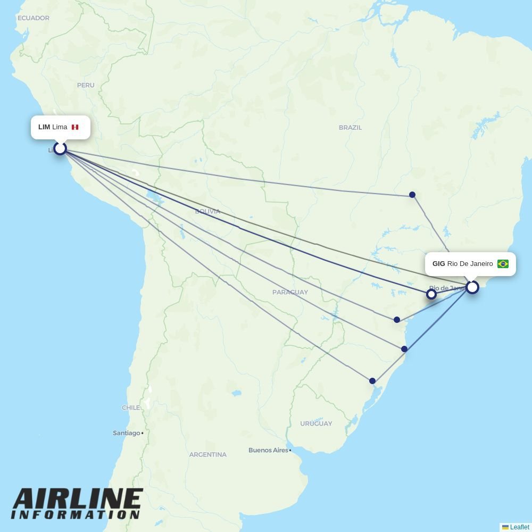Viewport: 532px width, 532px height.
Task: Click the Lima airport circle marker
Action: [x=60, y=148]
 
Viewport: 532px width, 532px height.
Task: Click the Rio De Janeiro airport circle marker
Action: [x=472, y=287]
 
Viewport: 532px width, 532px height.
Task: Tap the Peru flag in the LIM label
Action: [x=75, y=127]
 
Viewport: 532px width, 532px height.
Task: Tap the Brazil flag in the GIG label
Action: [x=503, y=264]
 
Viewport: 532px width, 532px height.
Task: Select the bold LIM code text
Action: [x=44, y=127]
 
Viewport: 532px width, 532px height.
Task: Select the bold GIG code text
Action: [x=438, y=264]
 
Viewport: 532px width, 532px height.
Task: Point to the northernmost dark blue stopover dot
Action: [x=412, y=195]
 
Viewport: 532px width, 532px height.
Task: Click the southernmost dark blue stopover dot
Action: [x=372, y=381]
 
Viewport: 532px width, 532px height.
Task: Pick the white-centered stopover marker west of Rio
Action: [x=431, y=294]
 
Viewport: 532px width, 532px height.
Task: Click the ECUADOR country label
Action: [x=34, y=18]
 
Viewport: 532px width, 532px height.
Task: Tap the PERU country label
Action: [x=86, y=85]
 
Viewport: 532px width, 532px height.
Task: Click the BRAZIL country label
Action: [x=350, y=128]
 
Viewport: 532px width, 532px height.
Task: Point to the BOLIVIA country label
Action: [x=207, y=212]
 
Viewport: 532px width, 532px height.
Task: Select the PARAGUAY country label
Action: [x=290, y=293]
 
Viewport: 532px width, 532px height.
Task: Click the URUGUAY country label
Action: [x=316, y=424]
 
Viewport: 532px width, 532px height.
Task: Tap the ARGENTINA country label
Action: [x=208, y=455]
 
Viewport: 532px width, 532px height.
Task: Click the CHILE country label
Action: [x=131, y=408]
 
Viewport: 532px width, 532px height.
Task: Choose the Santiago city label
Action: [x=127, y=433]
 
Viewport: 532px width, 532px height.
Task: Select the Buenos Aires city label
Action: [x=268, y=451]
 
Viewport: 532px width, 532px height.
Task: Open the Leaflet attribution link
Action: [x=519, y=527]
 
